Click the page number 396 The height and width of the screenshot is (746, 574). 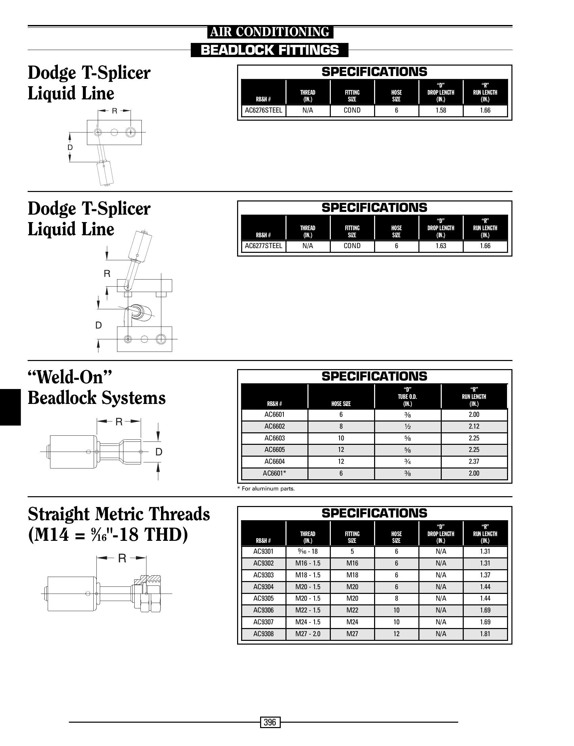click(x=270, y=722)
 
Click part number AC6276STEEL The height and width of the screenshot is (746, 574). click(x=263, y=110)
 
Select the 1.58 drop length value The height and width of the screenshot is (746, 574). click(x=441, y=110)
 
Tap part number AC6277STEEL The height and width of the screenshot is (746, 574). click(x=263, y=246)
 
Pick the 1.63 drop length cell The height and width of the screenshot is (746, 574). click(x=441, y=246)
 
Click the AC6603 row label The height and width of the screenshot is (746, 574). click(x=274, y=438)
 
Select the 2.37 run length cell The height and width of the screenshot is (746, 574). click(x=474, y=462)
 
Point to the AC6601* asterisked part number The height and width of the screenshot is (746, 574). click(x=274, y=473)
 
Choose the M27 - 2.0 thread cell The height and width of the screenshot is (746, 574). click(x=308, y=634)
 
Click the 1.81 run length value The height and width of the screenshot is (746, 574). click(x=485, y=634)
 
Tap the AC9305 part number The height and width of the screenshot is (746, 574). click(x=263, y=598)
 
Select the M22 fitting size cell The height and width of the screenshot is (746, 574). click(x=352, y=610)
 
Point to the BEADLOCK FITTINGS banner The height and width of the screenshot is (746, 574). click(x=270, y=50)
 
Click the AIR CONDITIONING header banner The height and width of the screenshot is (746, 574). click(x=270, y=32)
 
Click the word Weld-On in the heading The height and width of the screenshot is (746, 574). click(x=70, y=377)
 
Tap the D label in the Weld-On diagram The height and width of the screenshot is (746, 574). click(x=159, y=452)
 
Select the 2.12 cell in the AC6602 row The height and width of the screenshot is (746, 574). click(x=474, y=427)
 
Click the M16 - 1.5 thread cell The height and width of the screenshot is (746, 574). click(x=308, y=563)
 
